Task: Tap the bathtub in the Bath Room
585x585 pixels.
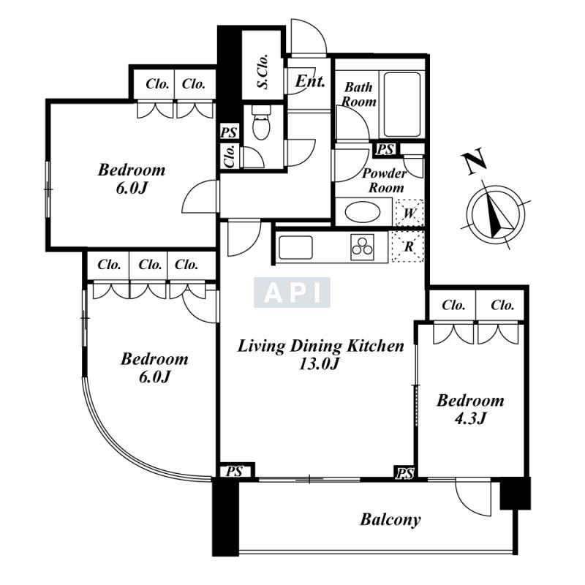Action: pos(401,105)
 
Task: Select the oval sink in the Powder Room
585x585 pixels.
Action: pos(363,213)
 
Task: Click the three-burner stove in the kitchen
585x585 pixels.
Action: pos(362,246)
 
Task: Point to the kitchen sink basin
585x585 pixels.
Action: pos(296,247)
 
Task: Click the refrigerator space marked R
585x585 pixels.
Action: pos(408,246)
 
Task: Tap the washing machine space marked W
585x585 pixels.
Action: pos(409,213)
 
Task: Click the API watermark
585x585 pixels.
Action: pos(292,292)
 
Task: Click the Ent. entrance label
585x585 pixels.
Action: pos(309,81)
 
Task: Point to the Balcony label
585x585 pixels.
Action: pos(390,520)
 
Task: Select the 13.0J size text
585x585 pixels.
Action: pos(319,363)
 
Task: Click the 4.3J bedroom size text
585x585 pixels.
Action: pos(470,418)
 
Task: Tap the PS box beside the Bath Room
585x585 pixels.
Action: pos(385,149)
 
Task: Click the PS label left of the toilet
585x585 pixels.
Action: pos(229,132)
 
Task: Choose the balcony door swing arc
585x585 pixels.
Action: pos(472,497)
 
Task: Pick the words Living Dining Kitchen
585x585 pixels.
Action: pos(320,347)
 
